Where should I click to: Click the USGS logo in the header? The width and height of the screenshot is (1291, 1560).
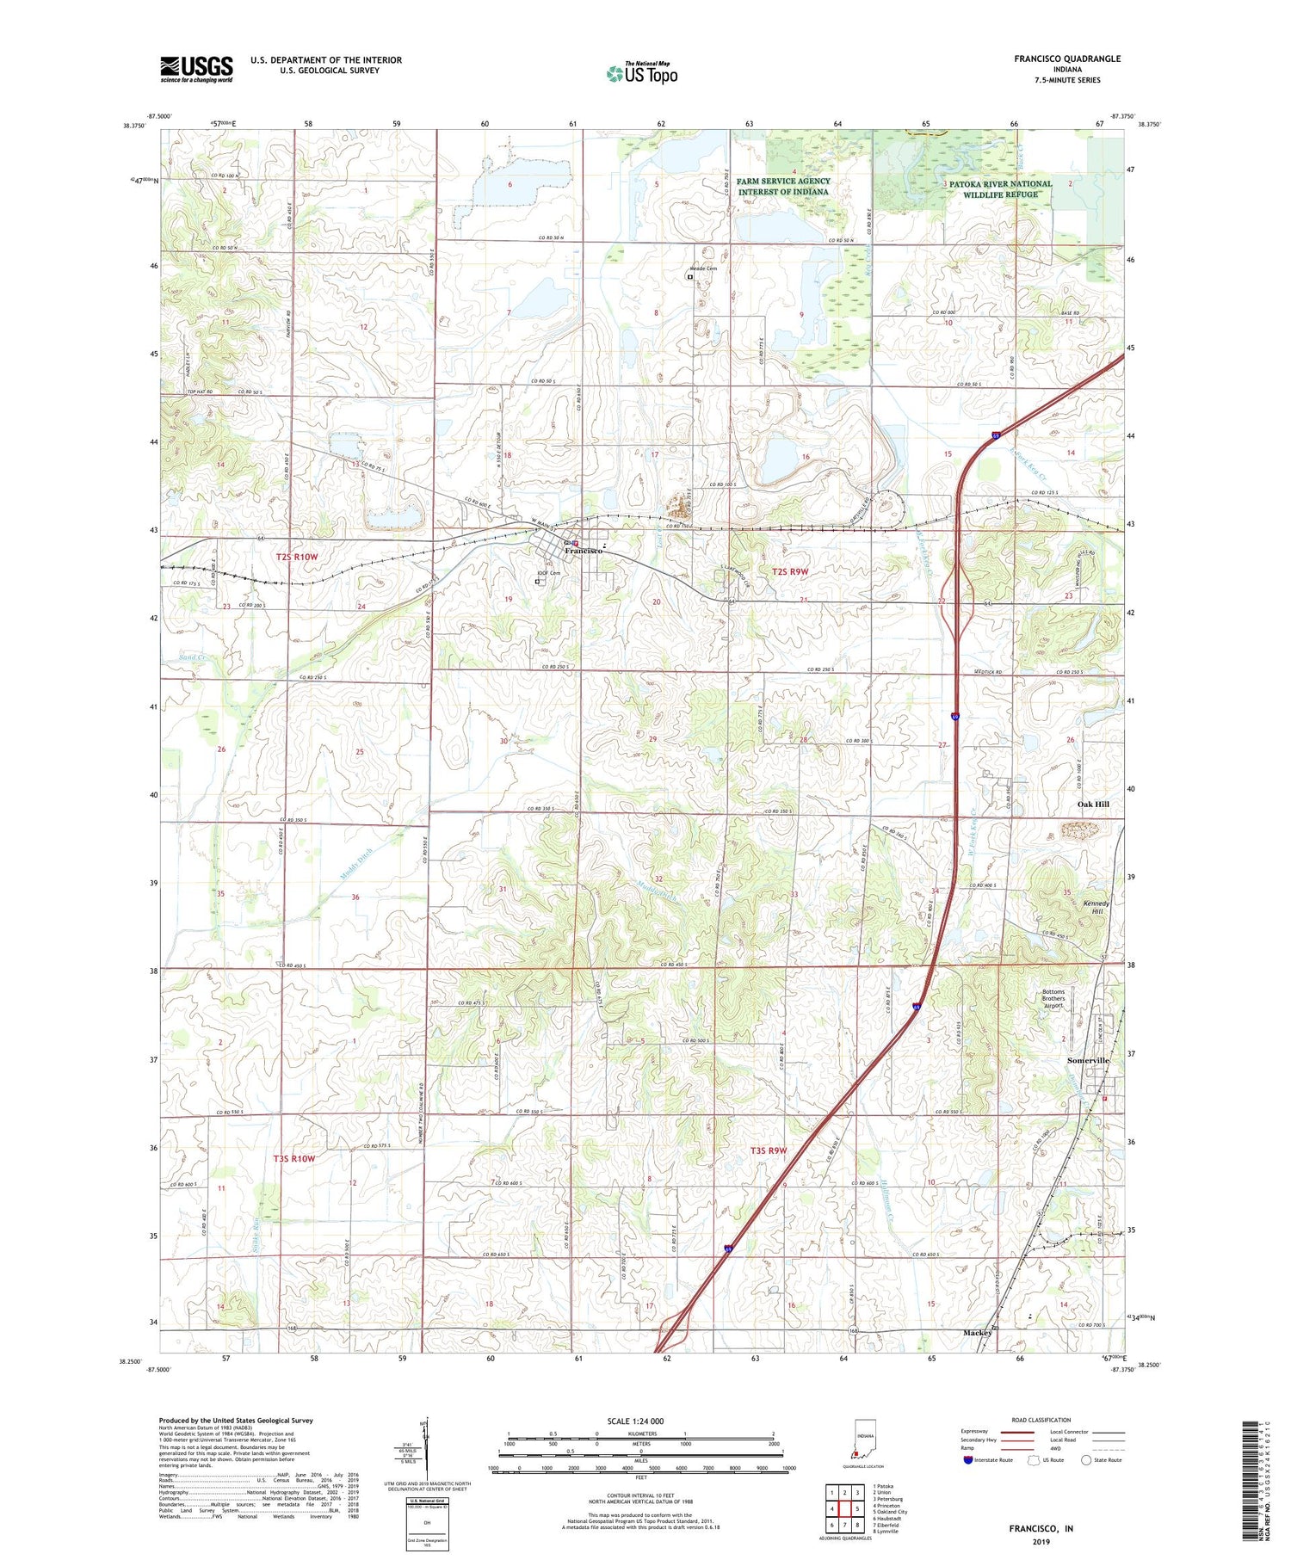tap(196, 69)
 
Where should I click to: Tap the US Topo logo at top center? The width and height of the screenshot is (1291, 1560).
tap(642, 73)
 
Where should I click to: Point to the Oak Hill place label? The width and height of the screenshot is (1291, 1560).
tap(1093, 804)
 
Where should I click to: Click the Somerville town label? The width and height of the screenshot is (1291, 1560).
tap(1088, 1061)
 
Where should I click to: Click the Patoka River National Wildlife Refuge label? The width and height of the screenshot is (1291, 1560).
tap(1000, 188)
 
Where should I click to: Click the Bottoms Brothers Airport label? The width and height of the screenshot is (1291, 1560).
tap(1053, 998)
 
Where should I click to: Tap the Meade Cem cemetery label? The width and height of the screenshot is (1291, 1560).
tap(702, 268)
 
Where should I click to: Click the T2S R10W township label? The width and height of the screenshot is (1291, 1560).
tap(297, 557)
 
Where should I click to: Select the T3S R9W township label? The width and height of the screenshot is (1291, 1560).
tap(769, 1150)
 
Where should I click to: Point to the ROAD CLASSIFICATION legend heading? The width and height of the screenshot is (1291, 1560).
tap(1041, 1420)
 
